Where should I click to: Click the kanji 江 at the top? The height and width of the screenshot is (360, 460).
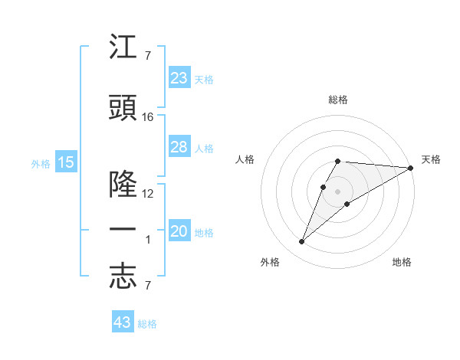123,49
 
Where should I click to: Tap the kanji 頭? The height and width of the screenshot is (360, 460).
123,109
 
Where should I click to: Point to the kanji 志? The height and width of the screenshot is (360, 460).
123,277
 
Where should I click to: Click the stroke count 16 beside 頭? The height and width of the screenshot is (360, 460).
148,117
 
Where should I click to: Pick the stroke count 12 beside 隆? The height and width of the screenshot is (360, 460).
148,194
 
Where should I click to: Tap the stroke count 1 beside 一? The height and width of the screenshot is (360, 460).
149,240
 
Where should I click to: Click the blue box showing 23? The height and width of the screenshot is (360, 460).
179,78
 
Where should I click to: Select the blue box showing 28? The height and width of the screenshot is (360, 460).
179,147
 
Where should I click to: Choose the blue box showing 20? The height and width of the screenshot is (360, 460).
179,231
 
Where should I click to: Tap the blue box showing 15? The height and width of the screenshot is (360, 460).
65,162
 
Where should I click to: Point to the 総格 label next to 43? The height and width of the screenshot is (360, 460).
148,324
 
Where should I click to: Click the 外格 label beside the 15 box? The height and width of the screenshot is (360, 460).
41,163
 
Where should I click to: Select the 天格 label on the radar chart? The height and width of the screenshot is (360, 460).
431,159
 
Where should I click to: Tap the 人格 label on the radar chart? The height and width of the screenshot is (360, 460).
245,159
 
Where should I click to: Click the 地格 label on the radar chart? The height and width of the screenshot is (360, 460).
402,262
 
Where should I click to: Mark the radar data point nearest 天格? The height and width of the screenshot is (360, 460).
411,168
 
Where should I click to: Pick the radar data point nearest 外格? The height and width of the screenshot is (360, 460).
302,242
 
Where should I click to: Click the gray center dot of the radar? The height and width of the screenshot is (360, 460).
338,190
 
